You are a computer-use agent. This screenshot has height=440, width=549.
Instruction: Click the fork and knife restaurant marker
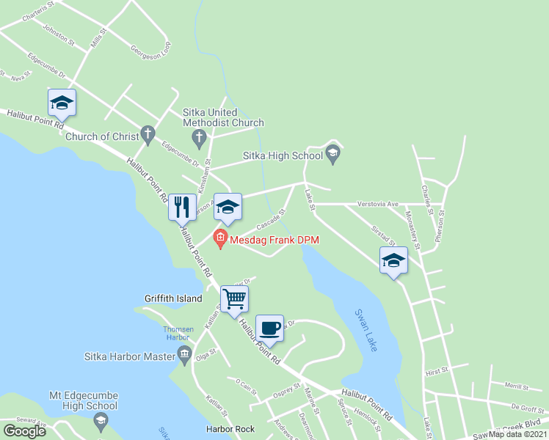tap(182, 208)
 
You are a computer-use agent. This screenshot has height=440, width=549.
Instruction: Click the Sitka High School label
tap(283, 155)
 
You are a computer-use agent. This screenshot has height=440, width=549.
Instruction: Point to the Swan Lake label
tap(366, 329)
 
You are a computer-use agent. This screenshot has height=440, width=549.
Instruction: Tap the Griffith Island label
tap(173, 298)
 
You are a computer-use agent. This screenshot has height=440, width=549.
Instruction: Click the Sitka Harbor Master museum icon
tap(184, 356)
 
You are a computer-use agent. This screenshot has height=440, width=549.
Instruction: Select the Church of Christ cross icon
tap(148, 135)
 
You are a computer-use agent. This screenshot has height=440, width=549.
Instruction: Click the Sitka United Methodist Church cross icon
tap(198, 137)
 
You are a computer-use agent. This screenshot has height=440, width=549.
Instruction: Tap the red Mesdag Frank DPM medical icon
tap(220, 239)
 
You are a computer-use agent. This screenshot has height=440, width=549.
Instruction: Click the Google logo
tap(24, 431)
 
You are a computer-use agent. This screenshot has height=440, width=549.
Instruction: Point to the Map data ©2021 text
tap(517, 434)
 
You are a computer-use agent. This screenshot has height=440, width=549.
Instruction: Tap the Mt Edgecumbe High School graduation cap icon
tap(100, 420)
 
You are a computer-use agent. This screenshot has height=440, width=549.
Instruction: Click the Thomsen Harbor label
tap(178, 333)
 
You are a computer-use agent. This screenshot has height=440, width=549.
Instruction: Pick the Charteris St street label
tap(39, 7)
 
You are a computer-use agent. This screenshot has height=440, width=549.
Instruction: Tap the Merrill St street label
tap(517, 385)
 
